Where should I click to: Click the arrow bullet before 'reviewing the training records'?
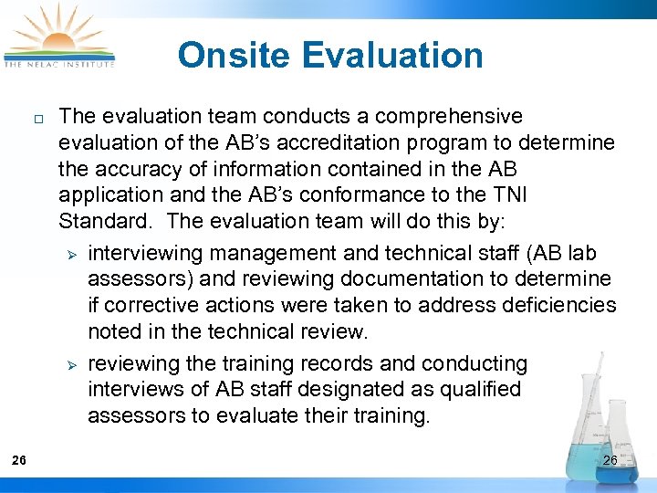coord(75,365)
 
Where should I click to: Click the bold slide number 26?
coord(19,460)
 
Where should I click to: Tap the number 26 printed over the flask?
coord(610,460)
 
